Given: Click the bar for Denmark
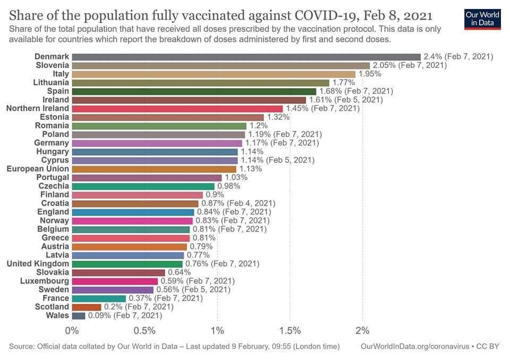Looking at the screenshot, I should tap(246, 57).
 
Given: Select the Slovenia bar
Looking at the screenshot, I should tap(220, 65).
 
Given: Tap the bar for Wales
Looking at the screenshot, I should tap(78, 315).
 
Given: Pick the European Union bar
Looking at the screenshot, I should tap(154, 169).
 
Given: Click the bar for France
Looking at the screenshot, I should tap(99, 298).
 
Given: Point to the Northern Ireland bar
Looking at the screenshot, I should tap(177, 108).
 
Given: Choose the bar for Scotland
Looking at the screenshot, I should tap(86, 307).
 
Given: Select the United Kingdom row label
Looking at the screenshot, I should tap(38, 263).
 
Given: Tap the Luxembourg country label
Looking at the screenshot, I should tap(45, 281).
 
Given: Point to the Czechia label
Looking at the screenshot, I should tap(54, 186).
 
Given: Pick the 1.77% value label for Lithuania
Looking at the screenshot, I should tap(343, 82).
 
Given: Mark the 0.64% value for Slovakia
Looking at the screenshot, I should tap(179, 272).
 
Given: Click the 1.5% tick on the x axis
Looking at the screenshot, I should tap(290, 331).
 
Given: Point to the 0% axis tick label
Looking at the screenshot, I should tap(72, 331).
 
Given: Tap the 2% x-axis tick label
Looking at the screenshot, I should tap(362, 331).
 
